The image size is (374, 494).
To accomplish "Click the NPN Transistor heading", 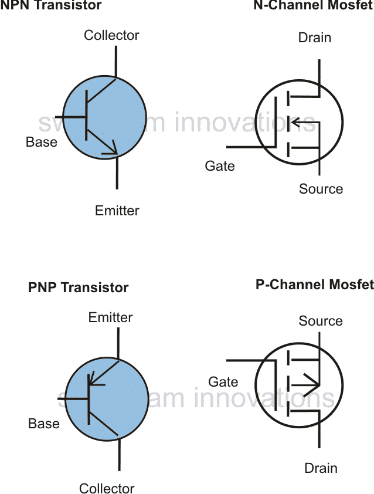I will click(x=51, y=6).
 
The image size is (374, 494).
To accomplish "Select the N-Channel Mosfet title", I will click(x=313, y=6).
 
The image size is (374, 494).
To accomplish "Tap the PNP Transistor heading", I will click(x=78, y=287).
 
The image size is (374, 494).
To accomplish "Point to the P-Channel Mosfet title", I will click(x=314, y=285).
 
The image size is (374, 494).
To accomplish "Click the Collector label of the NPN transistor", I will click(x=111, y=35).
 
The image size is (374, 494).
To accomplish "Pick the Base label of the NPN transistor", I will click(x=42, y=142).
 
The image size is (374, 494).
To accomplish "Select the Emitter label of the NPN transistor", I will click(x=117, y=211).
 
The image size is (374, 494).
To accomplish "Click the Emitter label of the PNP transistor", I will click(x=110, y=317).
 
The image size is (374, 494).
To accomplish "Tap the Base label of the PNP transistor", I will click(x=44, y=424).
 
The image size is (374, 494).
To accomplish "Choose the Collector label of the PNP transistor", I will click(x=107, y=488).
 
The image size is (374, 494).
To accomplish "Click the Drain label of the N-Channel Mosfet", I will click(x=315, y=38).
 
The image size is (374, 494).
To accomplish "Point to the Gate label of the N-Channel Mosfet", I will click(x=220, y=166).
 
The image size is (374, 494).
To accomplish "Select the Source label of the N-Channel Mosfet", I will click(x=321, y=189).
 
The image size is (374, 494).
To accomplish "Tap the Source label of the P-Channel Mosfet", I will click(x=321, y=321).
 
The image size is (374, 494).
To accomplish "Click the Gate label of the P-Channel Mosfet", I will click(x=223, y=382).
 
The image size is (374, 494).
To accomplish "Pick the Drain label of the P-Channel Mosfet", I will click(x=321, y=468).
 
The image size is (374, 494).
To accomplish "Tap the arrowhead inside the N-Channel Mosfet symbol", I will click(x=294, y=123).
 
